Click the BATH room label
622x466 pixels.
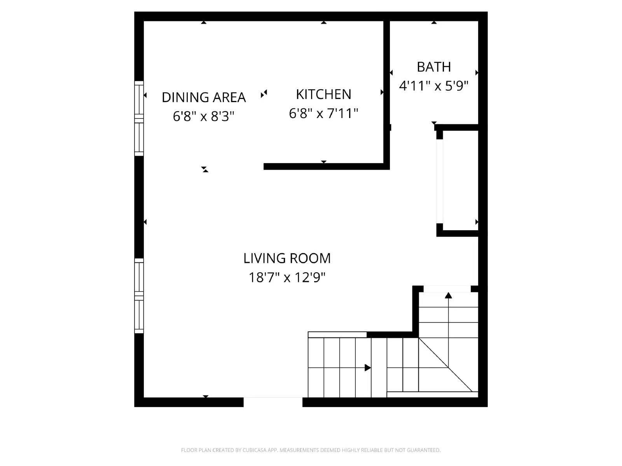point(434,67)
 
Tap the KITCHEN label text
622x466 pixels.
point(323,94)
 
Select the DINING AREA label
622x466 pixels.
point(204,97)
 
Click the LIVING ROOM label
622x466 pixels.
point(287,258)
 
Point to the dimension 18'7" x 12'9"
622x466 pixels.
point(287,277)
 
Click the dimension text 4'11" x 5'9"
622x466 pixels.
point(434,86)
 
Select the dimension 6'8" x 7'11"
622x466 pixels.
point(323,113)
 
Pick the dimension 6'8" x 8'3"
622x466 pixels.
point(204,116)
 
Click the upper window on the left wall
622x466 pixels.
point(139,118)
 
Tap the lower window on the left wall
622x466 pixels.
point(139,296)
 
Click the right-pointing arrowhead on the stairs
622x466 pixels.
point(367,368)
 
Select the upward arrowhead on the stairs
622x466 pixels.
point(448,296)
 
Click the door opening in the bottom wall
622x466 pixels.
point(273,402)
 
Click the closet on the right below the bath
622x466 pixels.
point(460,181)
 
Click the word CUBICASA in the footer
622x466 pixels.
point(255,450)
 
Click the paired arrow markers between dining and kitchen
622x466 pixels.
point(264,94)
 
